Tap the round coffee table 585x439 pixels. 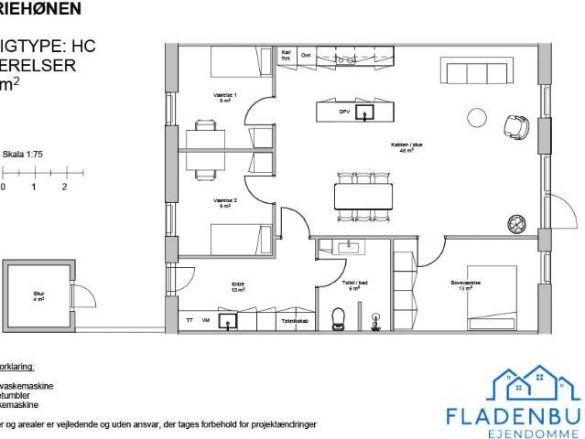477,117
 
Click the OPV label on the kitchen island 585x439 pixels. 344,112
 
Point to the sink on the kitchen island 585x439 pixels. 366,112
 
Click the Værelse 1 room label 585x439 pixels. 224,97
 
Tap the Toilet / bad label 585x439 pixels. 354,285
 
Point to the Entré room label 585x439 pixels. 237,287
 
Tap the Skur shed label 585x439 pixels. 38,295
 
